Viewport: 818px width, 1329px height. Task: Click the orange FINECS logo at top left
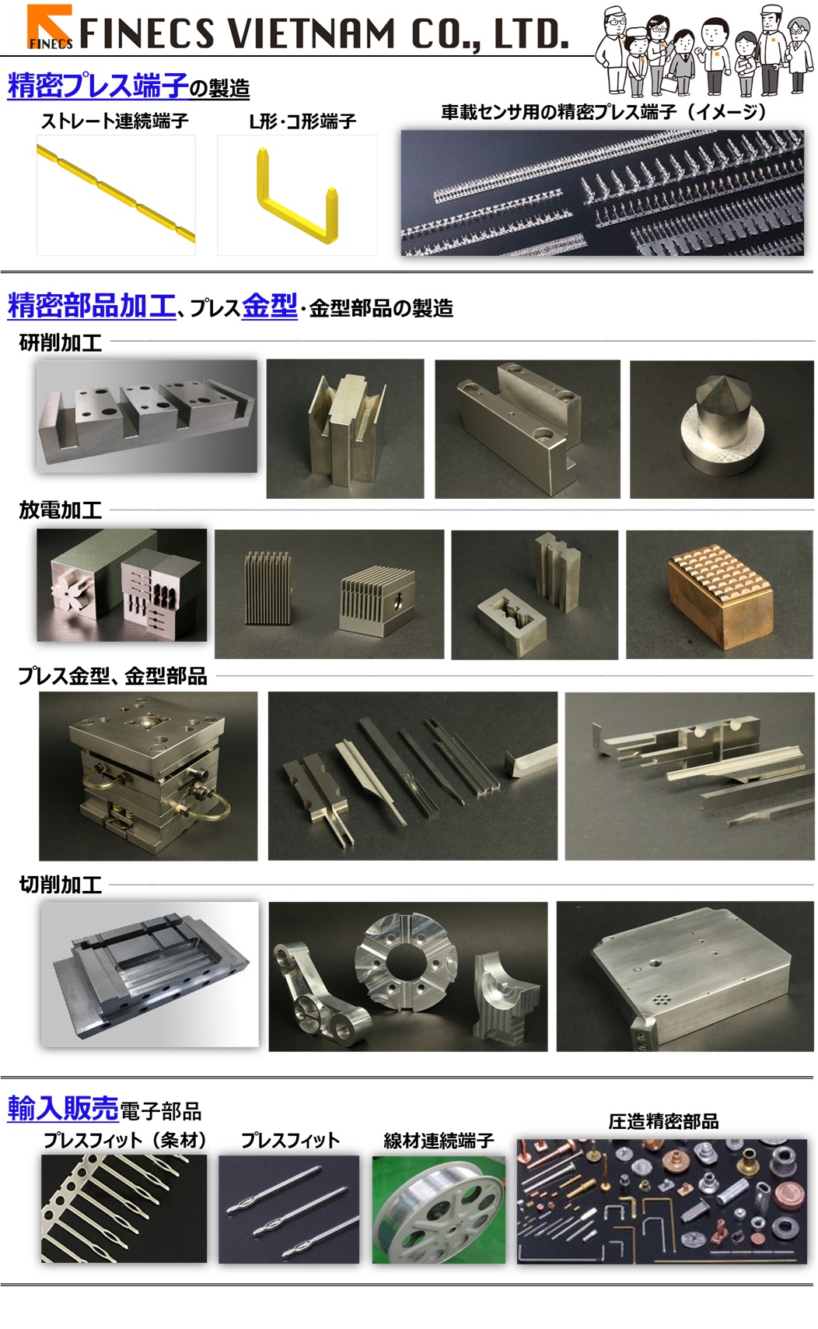50,27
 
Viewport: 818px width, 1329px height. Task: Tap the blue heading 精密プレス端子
98,86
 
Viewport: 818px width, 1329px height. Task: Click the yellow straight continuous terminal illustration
115,195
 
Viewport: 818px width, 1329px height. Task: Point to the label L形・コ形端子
302,121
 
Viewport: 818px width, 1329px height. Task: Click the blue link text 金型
269,306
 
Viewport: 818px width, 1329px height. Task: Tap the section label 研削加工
60,342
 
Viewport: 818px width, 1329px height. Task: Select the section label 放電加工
60,510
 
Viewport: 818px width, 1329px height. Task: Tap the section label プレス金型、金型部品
113,676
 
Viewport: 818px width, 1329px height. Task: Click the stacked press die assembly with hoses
148,776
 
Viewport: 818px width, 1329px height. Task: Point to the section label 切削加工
60,885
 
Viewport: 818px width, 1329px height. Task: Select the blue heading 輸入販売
62,1108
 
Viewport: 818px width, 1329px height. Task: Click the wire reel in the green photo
438,1208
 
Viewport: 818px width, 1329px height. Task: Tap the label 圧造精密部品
662,1121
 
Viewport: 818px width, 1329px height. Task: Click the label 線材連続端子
439,1141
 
